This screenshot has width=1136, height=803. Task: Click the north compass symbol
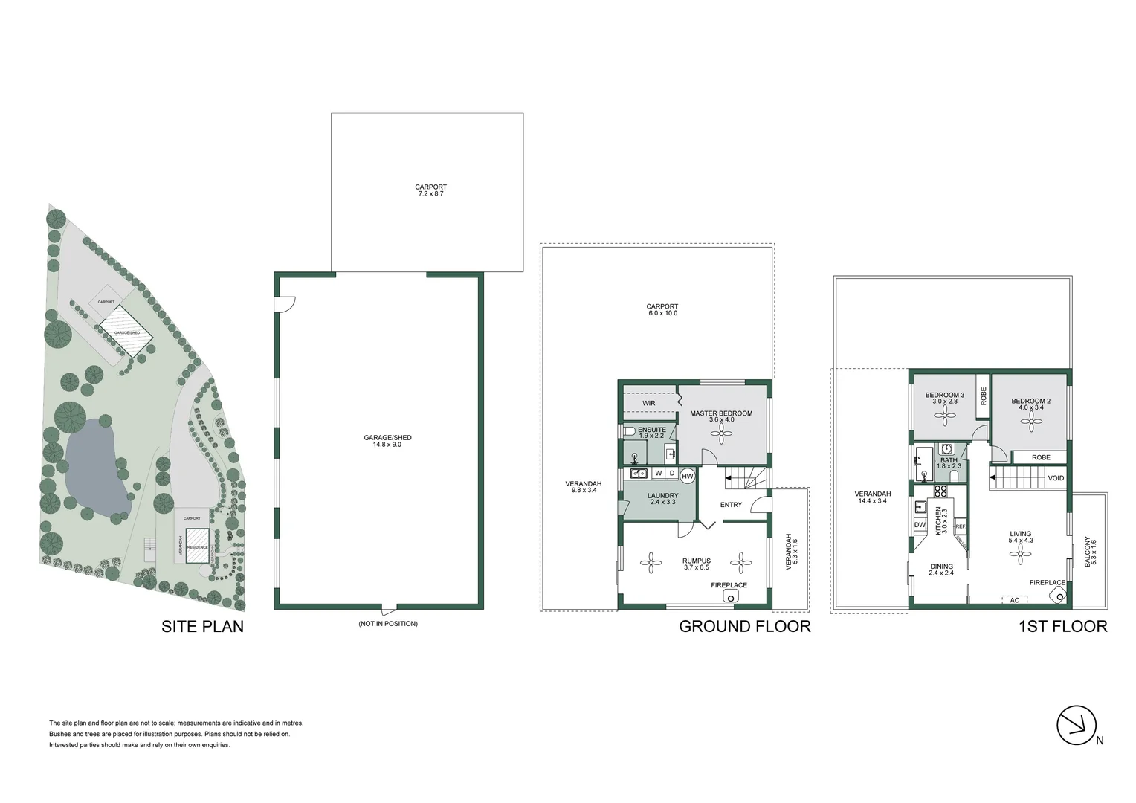tap(1077, 724)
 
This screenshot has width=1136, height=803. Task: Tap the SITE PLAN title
tap(202, 626)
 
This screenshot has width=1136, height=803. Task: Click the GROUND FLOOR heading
tap(744, 626)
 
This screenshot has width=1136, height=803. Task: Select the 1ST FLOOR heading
tap(1062, 626)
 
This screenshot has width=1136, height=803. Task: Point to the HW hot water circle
tap(687, 476)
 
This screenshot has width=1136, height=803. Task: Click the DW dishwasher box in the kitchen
tap(920, 525)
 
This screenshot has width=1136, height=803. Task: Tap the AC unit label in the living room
tap(1014, 599)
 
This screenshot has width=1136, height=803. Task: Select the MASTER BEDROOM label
tap(720, 414)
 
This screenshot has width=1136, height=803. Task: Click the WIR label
tap(648, 403)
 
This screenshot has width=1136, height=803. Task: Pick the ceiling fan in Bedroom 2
tap(1030, 423)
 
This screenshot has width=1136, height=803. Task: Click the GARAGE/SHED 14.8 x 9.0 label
tap(387, 441)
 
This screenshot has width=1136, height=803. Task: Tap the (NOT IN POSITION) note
tap(387, 623)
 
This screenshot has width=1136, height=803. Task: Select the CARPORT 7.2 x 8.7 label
tap(430, 190)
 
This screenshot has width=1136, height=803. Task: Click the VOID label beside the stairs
tap(1056, 478)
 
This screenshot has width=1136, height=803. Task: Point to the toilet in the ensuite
tap(629, 431)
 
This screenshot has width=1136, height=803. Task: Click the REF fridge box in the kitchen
tap(959, 526)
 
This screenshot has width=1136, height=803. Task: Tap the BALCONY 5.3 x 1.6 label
tap(1090, 552)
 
